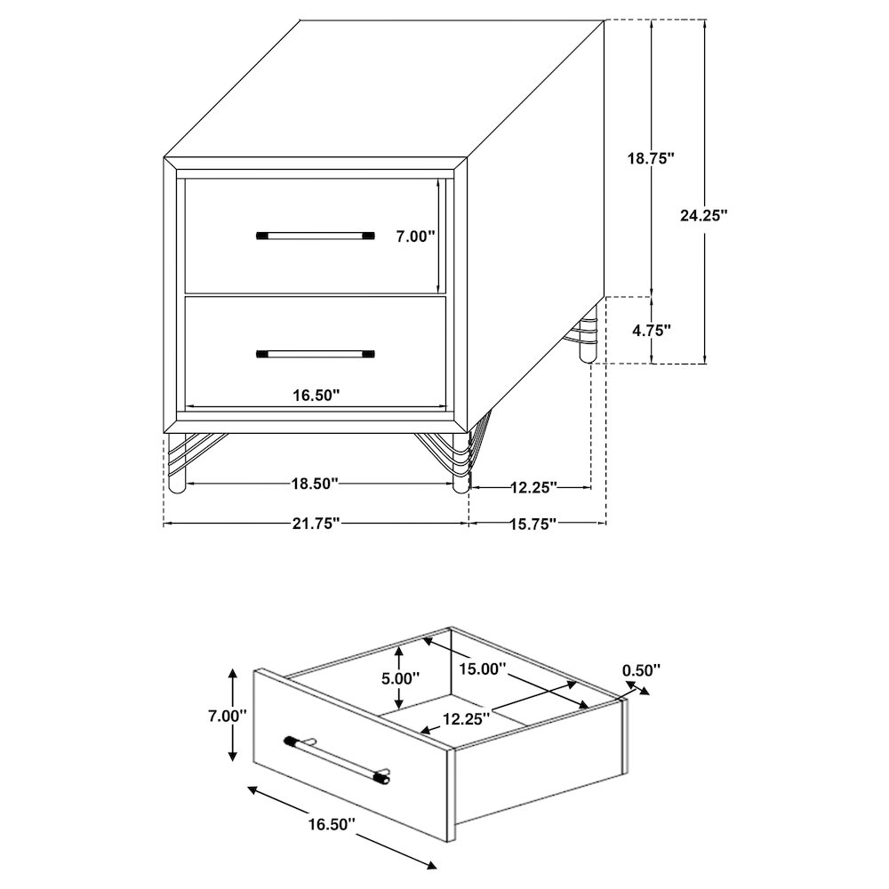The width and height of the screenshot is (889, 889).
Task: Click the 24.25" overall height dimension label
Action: pyautogui.click(x=704, y=215)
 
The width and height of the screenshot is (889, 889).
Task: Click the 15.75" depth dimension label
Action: pyautogui.click(x=533, y=524)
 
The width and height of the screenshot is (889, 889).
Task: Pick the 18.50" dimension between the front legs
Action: pyautogui.click(x=316, y=484)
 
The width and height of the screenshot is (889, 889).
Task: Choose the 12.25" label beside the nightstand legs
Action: pyautogui.click(x=533, y=486)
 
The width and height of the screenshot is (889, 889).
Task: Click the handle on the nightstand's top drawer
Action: pyautogui.click(x=316, y=236)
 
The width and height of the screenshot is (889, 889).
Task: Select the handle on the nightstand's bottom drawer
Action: pyautogui.click(x=316, y=354)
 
